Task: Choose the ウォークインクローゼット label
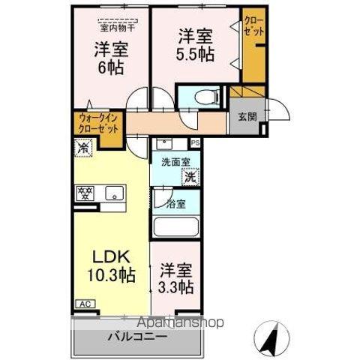pos(97,122)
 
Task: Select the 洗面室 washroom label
pos(172,161)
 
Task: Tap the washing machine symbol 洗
pos(191,177)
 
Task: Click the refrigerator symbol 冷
pos(84,148)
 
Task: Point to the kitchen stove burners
pos(84,193)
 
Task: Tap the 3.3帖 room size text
pos(176,287)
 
